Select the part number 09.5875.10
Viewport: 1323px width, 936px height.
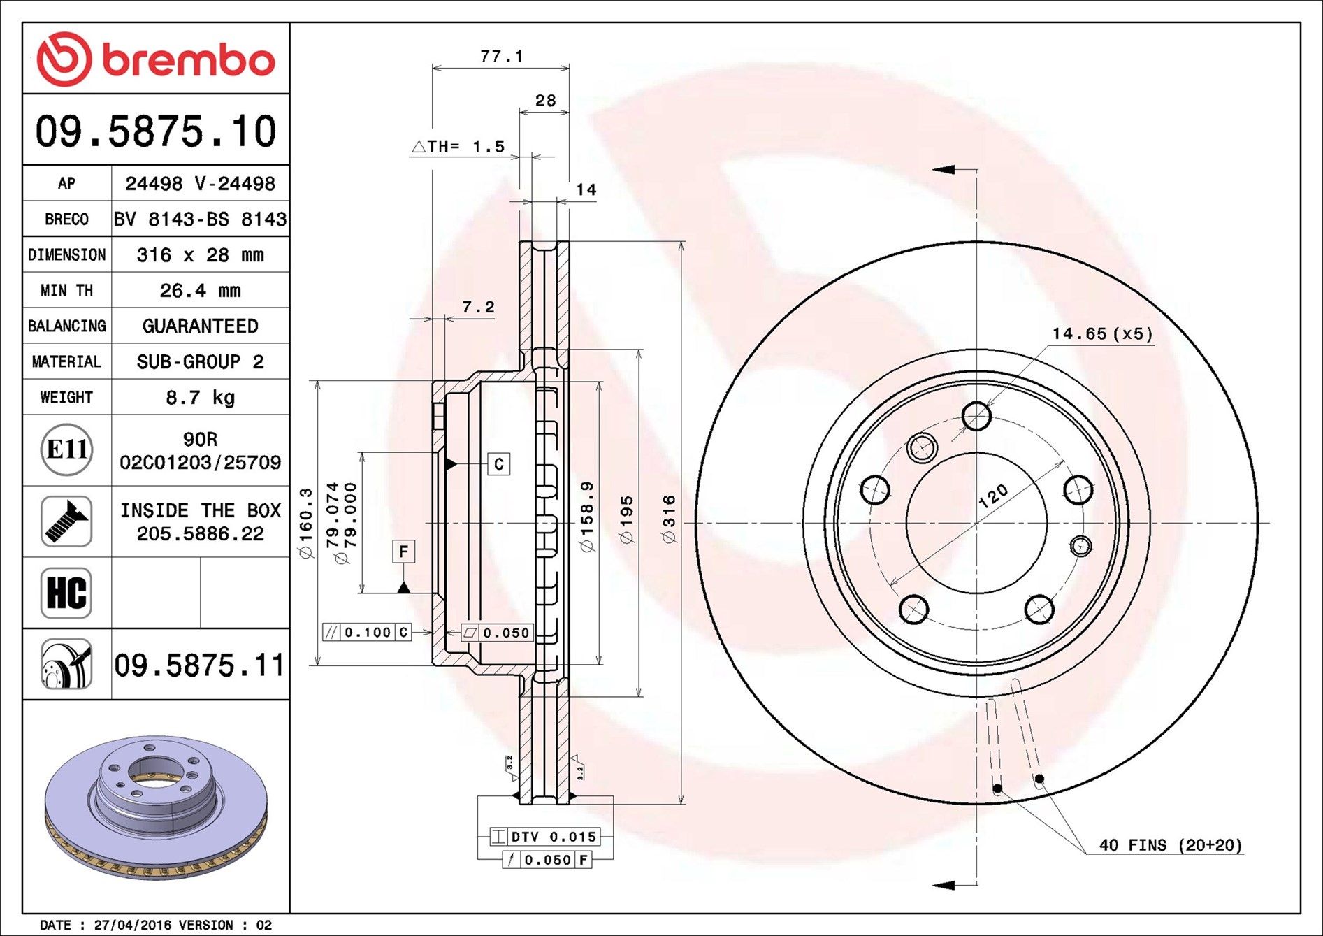tap(156, 131)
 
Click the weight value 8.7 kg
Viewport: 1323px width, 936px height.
tap(200, 398)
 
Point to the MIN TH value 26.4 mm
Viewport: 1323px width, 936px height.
tap(200, 290)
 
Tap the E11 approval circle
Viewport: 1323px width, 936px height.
tap(66, 449)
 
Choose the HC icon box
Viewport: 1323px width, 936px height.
tap(66, 593)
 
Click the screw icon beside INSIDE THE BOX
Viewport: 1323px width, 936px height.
tap(66, 521)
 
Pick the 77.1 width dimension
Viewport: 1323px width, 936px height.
tap(502, 55)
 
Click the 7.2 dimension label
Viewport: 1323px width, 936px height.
tap(478, 307)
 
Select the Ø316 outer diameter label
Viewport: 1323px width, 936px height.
tap(669, 519)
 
